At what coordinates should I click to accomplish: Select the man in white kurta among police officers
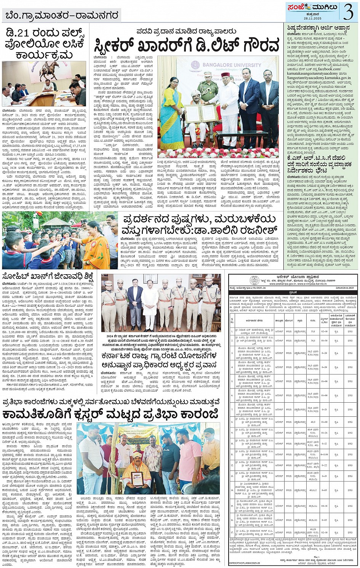[x=149, y=301]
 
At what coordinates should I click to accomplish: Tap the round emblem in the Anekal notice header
[x=254, y=280]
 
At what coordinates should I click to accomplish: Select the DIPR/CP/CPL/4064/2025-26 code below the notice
[x=244, y=562]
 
